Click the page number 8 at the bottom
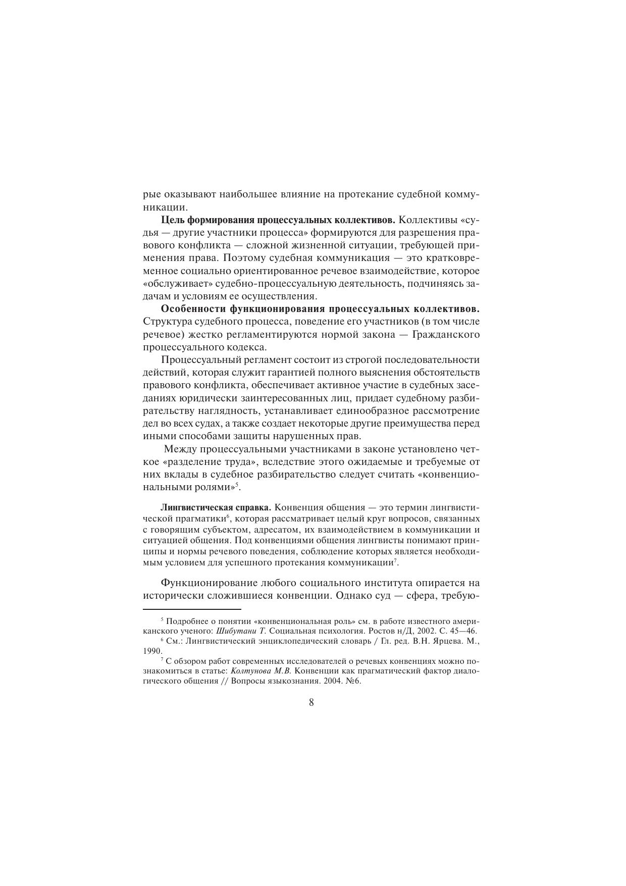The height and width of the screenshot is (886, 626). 311,702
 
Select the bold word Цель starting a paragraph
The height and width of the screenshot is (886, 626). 173,220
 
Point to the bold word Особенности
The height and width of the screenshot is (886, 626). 193,309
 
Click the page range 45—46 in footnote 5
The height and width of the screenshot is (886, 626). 463,631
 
